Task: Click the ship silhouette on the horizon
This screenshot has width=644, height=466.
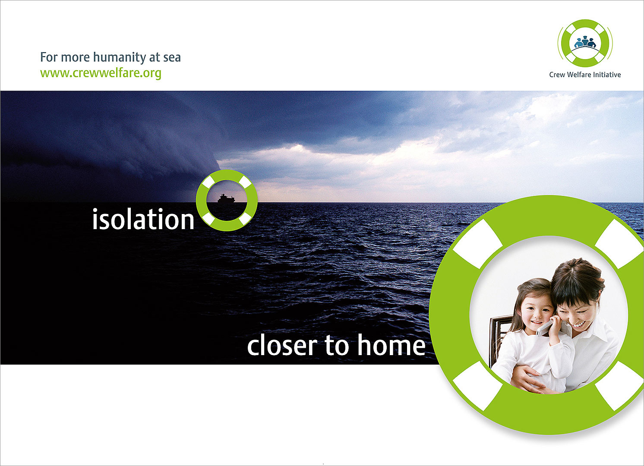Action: click(226, 198)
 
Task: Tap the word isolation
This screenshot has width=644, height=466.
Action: click(143, 219)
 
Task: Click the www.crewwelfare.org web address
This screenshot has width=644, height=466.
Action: click(101, 73)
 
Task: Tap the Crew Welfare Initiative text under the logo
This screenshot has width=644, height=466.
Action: click(585, 75)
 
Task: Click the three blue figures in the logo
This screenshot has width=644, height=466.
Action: click(585, 42)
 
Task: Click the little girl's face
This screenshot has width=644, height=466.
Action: click(537, 313)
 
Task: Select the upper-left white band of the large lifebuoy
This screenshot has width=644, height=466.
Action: click(477, 243)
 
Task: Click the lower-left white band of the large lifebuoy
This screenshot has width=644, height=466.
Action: click(477, 386)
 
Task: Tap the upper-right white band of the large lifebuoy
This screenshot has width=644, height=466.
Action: click(619, 244)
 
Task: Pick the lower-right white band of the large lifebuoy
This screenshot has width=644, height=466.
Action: click(619, 386)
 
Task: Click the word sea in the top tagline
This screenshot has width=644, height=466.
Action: click(172, 57)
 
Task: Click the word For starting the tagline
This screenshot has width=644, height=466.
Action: click(49, 57)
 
